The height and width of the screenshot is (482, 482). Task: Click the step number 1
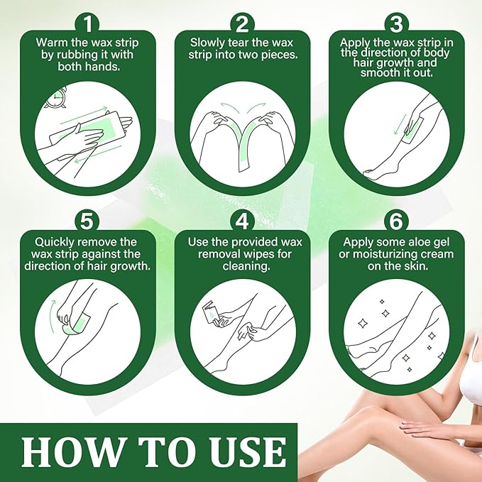pyautogui.click(x=87, y=23)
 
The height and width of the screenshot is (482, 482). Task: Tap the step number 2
pyautogui.click(x=241, y=23)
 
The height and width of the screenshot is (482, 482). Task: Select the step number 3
pyautogui.click(x=395, y=23)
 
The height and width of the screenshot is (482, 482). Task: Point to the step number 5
pyautogui.click(x=87, y=221)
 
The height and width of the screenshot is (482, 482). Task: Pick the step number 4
pyautogui.click(x=241, y=221)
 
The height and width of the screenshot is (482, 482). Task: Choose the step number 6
pyautogui.click(x=395, y=221)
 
